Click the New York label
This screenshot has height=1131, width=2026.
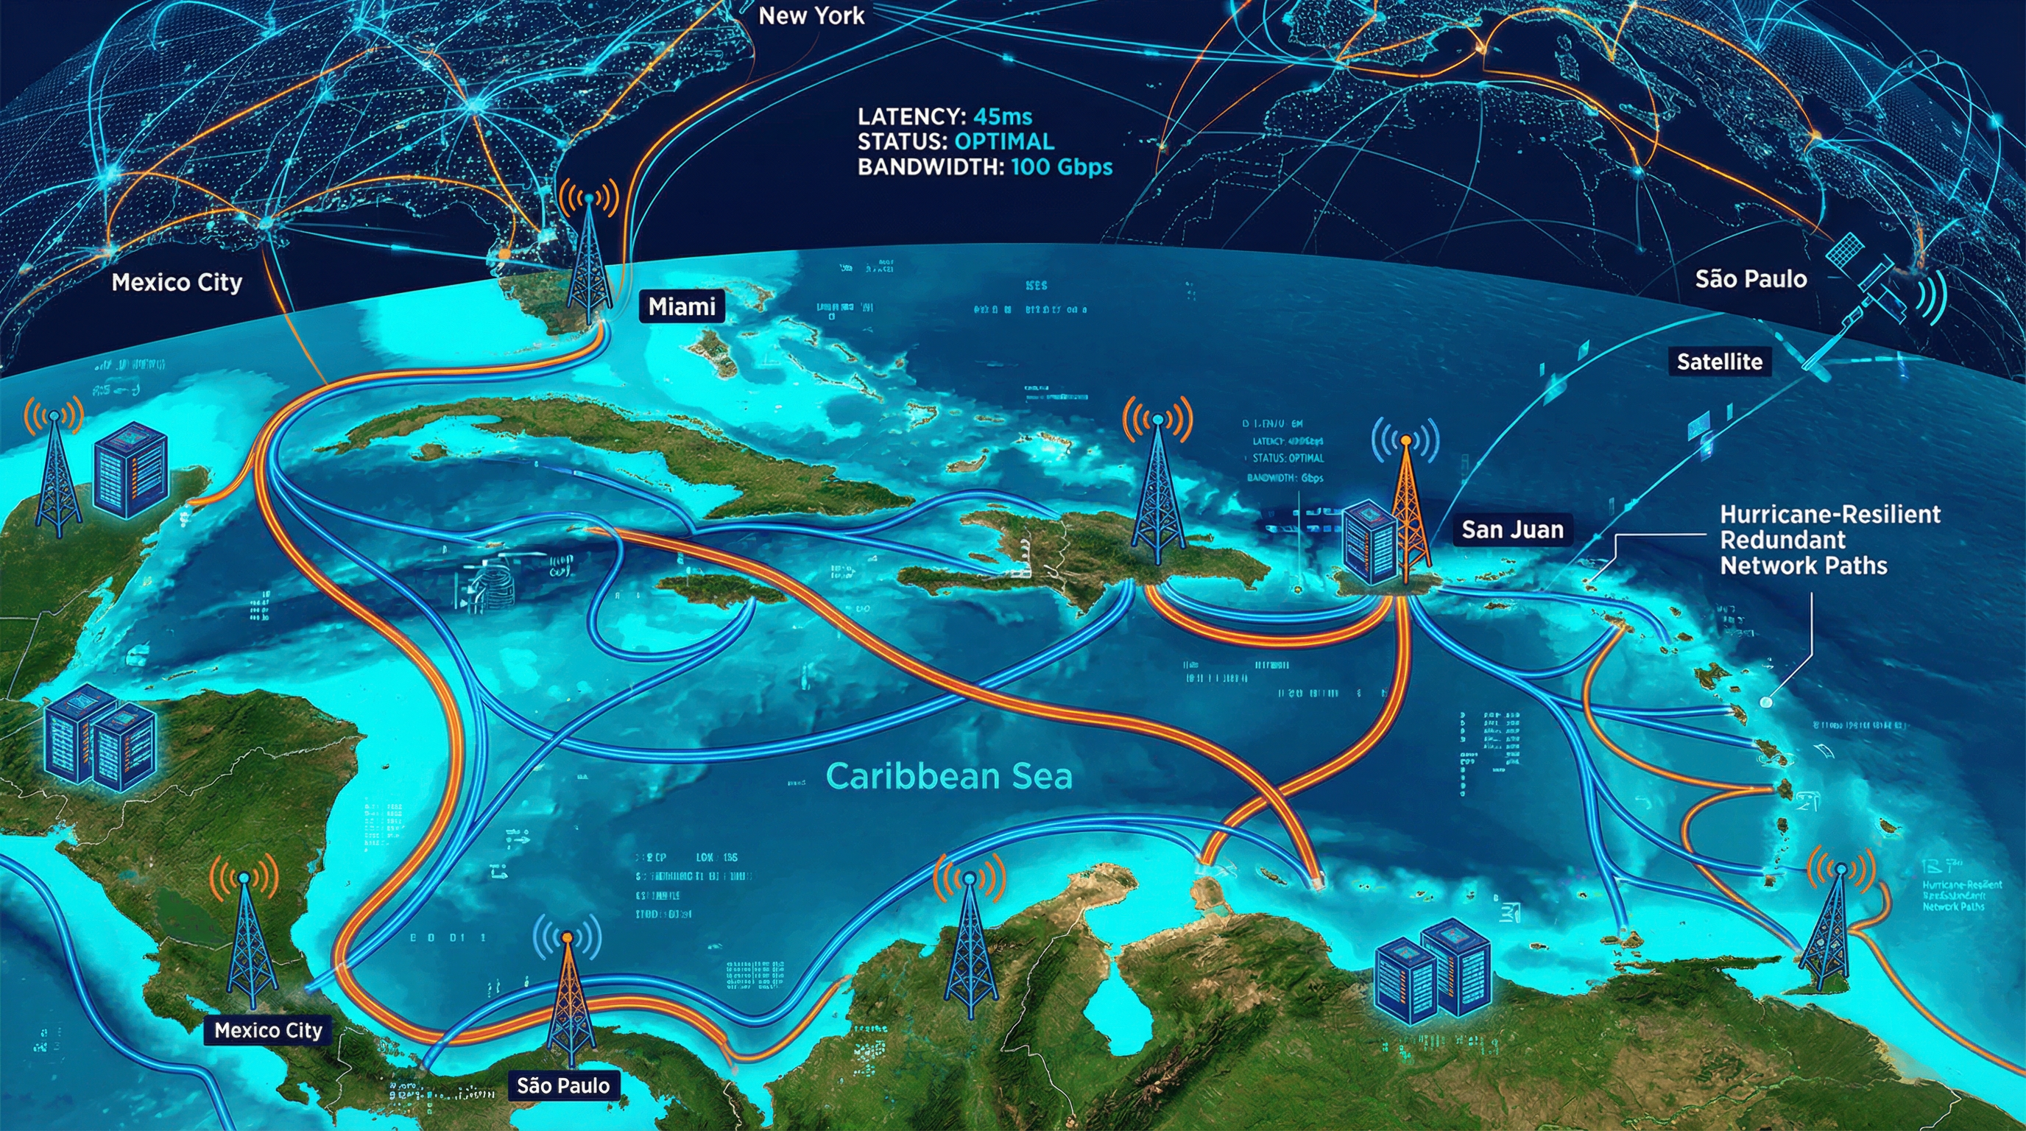pos(811,15)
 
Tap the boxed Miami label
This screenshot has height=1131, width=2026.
pos(681,306)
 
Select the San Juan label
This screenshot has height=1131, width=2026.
pos(1511,529)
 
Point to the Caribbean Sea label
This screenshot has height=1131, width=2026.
pos(948,776)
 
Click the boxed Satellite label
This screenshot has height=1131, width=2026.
pos(1719,362)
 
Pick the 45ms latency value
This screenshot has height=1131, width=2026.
pos(1002,117)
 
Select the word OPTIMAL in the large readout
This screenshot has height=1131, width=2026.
pos(1003,142)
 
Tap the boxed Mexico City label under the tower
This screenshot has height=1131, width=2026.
pos(268,1030)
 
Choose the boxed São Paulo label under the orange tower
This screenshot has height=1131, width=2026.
pos(563,1086)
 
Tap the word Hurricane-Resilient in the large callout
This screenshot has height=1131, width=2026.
pos(1829,515)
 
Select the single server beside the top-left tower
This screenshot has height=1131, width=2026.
pos(130,469)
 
